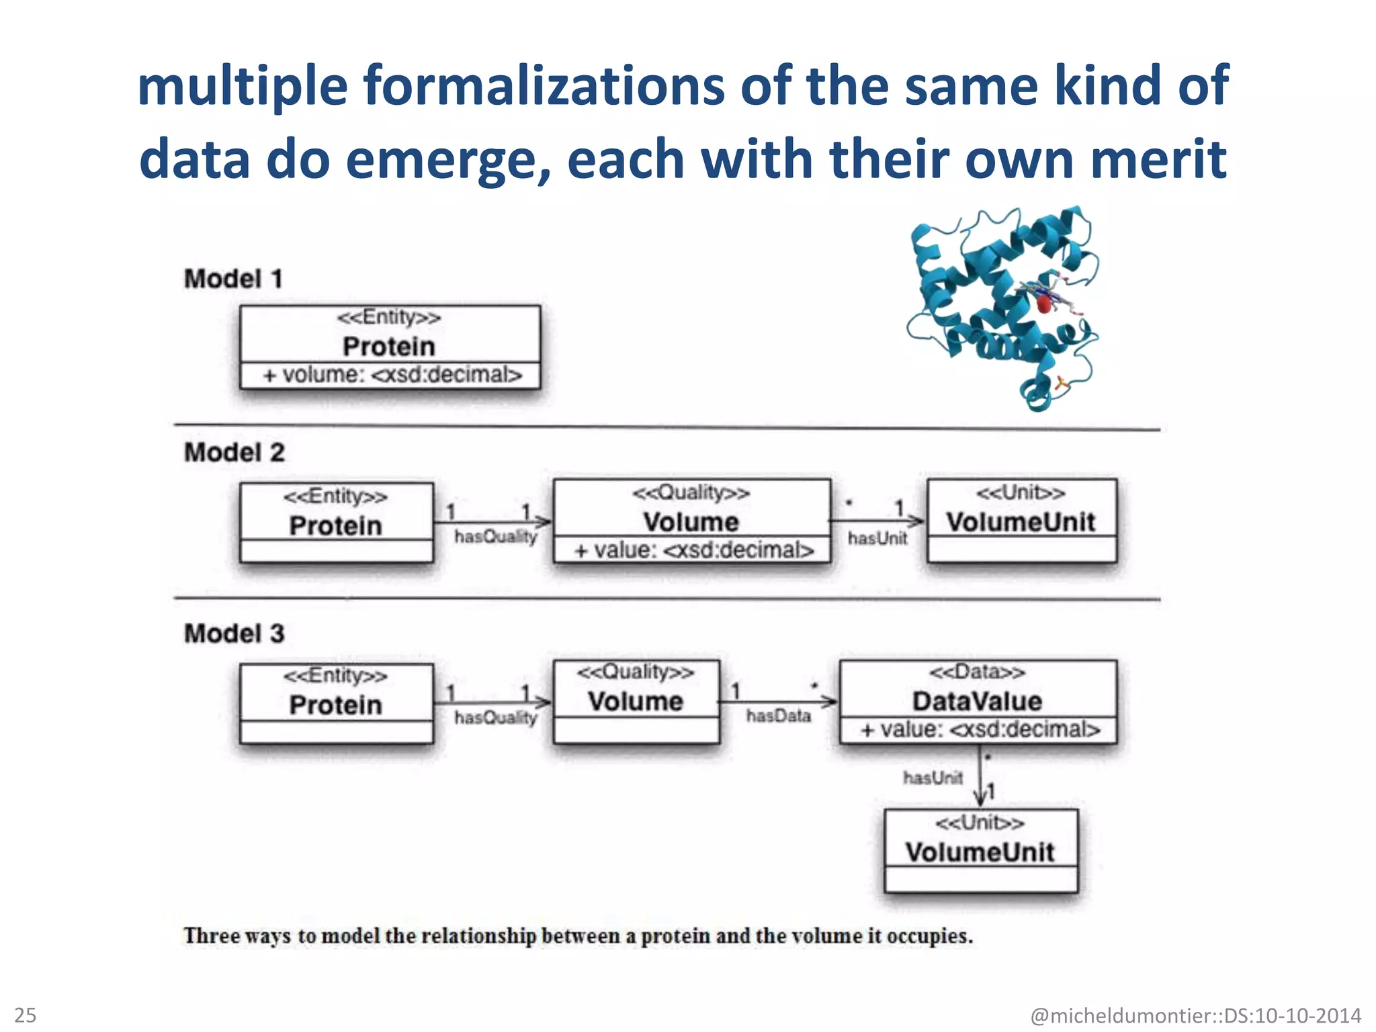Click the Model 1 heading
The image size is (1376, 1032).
tap(233, 279)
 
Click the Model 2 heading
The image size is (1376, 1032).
tap(234, 452)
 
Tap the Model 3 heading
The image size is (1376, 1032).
tap(234, 633)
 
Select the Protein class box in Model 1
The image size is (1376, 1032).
tap(390, 336)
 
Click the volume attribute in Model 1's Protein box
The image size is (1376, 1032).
tap(392, 375)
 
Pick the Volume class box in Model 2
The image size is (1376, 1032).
tap(691, 521)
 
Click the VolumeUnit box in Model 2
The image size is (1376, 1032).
tap(1021, 521)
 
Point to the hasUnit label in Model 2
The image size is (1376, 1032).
tap(877, 538)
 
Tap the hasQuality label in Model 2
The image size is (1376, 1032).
tap(496, 536)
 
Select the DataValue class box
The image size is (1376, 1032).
tap(978, 701)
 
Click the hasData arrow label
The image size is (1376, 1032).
tap(778, 716)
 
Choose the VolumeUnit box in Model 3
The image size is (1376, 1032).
tap(980, 851)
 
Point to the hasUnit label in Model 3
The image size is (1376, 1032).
tap(933, 778)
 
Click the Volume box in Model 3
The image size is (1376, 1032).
tap(636, 701)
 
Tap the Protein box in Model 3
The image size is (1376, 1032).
tap(336, 703)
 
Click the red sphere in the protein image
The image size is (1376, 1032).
tap(1043, 304)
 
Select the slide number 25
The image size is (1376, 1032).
tap(26, 1015)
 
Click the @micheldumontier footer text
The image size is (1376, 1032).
tap(1195, 1015)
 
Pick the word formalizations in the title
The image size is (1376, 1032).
tap(544, 86)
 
